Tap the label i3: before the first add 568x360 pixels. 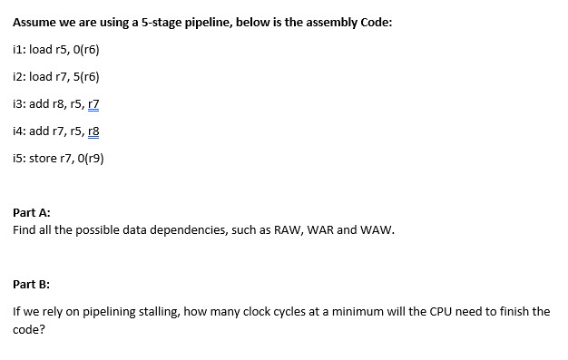tap(21, 103)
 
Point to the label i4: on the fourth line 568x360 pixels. tap(21, 131)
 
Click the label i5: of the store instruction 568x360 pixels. tap(21, 158)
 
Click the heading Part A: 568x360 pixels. tap(32, 212)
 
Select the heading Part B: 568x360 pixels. tap(32, 284)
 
